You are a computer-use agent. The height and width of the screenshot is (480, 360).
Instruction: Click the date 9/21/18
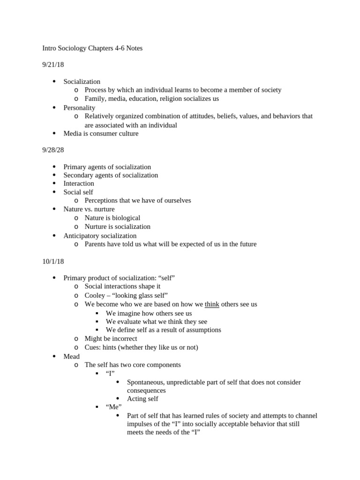[53, 65]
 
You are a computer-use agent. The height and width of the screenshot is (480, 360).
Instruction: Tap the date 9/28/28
[53, 150]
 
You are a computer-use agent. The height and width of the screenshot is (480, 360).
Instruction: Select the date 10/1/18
[53, 261]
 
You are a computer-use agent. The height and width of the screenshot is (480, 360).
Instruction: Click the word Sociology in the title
[78, 48]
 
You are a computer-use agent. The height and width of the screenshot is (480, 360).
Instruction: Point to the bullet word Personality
[79, 108]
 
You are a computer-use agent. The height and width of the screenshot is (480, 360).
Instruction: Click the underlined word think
[212, 304]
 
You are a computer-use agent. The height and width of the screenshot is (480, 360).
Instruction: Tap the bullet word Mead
[72, 356]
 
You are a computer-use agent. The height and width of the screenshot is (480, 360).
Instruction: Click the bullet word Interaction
[79, 183]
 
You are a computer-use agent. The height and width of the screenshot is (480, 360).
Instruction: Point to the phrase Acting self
[142, 398]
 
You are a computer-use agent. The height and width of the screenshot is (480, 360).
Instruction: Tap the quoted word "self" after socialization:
[166, 278]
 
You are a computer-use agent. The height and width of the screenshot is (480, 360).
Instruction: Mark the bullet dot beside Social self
[54, 192]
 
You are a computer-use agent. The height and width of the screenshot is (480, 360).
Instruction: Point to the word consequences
[146, 390]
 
